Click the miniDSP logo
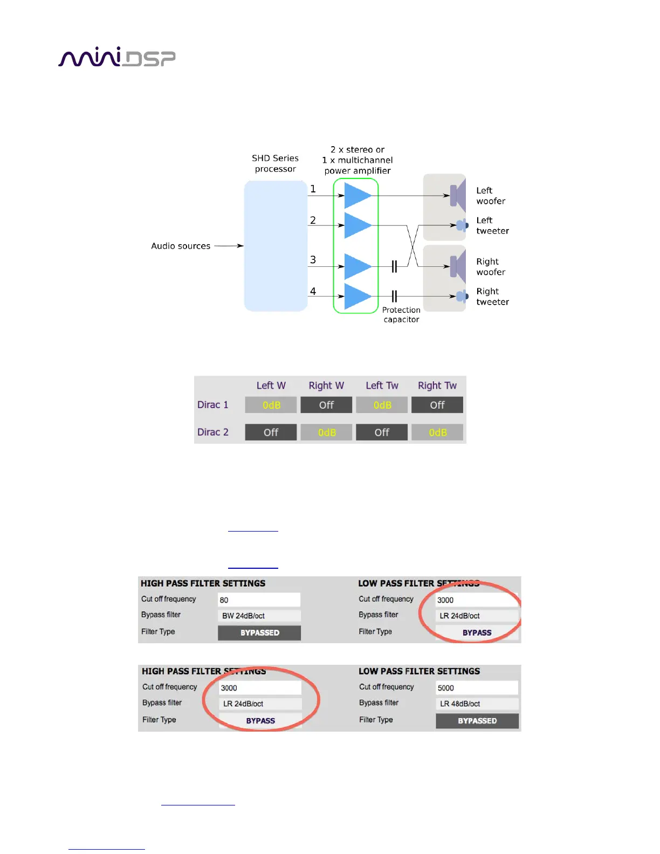[x=116, y=57]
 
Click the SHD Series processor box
[x=276, y=246]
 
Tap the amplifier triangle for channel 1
[x=356, y=196]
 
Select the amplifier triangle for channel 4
[x=356, y=296]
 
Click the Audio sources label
[x=181, y=246]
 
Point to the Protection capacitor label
[x=401, y=314]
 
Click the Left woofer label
[x=491, y=196]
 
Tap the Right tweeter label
[x=492, y=297]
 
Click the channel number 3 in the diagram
[x=313, y=260]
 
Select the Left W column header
[x=271, y=385]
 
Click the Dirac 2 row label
[x=213, y=432]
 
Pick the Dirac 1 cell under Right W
[x=326, y=405]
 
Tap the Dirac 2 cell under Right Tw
[x=437, y=432]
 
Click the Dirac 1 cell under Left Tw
[x=382, y=405]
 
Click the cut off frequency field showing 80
[x=259, y=600]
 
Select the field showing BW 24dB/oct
[x=259, y=616]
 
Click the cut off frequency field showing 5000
[x=477, y=687]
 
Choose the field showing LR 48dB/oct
[x=477, y=704]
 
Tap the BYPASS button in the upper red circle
[x=477, y=632]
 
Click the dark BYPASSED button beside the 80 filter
[x=259, y=632]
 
